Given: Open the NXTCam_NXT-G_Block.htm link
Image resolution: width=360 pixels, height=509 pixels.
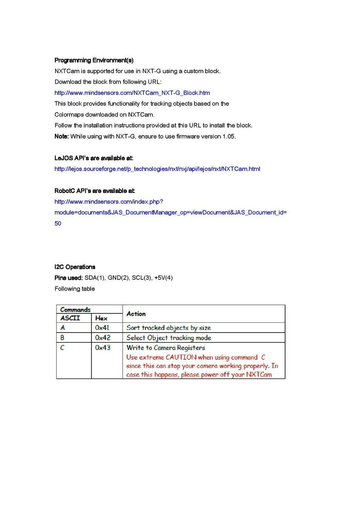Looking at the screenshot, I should click(132, 93).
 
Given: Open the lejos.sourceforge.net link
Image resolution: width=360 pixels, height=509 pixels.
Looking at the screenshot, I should click(157, 169).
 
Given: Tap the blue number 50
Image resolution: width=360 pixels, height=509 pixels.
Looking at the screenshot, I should click(58, 223).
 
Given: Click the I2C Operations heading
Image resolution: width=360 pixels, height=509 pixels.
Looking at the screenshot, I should click(75, 267).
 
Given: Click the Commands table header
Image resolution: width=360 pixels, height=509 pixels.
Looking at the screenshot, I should click(75, 310).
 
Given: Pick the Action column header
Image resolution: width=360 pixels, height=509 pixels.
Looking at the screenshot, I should click(136, 314).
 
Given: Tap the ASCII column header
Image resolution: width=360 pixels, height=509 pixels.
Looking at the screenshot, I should click(70, 318).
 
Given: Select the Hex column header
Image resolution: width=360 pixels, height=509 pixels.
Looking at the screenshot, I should click(101, 318).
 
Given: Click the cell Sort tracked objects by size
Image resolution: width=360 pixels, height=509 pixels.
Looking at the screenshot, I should click(169, 328).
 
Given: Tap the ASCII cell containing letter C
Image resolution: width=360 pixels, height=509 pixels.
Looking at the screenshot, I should click(63, 348).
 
